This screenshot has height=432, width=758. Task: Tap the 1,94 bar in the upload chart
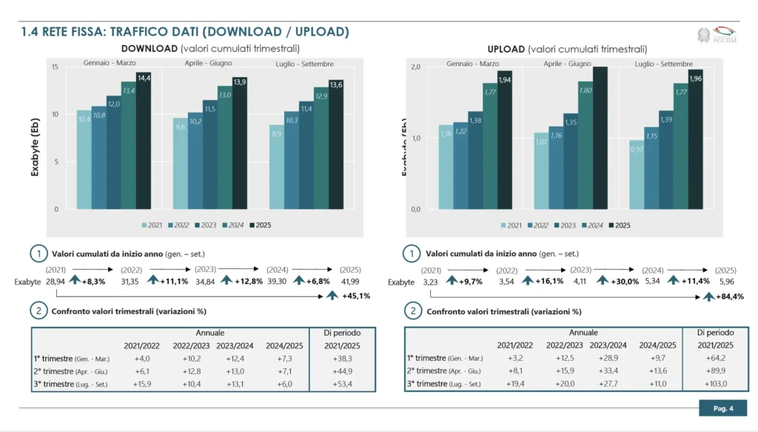click(504, 140)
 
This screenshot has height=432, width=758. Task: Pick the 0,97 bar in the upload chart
click(637, 175)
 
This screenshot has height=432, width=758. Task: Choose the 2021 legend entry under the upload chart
click(510, 225)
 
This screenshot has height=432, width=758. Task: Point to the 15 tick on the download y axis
click(55, 67)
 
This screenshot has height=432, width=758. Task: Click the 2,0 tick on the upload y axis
click(415, 67)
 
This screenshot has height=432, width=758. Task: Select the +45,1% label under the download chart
click(355, 296)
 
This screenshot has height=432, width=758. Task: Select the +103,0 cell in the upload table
click(714, 384)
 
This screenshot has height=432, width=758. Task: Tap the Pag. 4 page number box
click(722, 408)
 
